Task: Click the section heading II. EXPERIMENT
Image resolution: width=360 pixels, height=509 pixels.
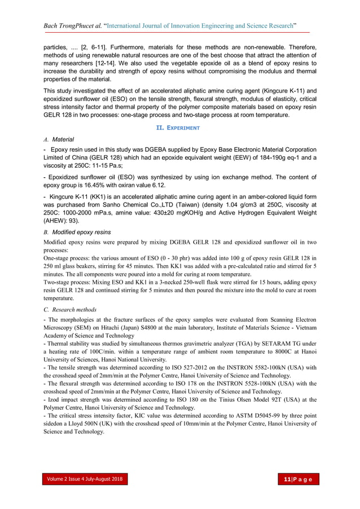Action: click(x=181, y=128)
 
